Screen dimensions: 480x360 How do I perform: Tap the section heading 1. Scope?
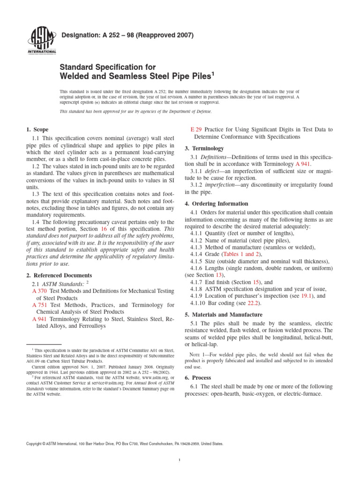36,129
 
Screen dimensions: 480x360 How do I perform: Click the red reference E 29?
195,129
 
